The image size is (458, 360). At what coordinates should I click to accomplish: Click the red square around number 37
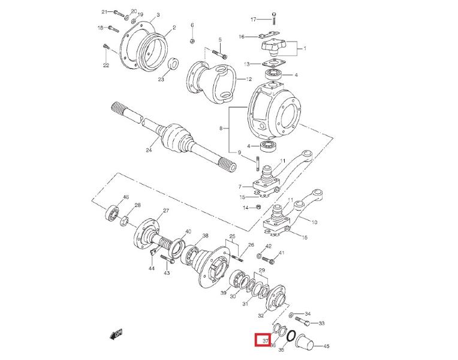[262, 340]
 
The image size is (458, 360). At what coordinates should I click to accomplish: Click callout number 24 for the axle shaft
[149, 150]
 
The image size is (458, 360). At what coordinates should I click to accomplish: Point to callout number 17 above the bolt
[253, 20]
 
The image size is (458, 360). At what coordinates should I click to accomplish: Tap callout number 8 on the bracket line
[221, 128]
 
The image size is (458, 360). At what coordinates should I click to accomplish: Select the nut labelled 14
[258, 207]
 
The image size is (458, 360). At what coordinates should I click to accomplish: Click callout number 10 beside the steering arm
[314, 221]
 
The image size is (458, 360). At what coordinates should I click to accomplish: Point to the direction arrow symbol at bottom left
[116, 334]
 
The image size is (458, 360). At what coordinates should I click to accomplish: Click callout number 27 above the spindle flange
[166, 210]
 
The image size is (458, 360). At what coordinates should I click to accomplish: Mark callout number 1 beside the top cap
[304, 49]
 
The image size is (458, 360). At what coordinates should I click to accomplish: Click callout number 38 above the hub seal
[205, 235]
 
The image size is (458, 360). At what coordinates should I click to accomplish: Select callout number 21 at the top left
[104, 12]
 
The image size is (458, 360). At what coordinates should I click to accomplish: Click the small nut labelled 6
[192, 41]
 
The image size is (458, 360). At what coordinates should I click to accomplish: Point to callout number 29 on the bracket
[261, 272]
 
